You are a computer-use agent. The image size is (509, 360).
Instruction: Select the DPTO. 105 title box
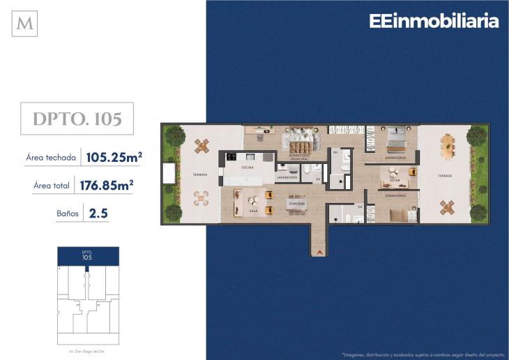coord(77,119)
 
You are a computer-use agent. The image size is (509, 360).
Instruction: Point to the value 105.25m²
coord(114,157)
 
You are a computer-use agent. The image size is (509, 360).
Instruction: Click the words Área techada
coord(50,158)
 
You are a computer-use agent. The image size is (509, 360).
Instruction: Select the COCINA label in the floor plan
coord(248,167)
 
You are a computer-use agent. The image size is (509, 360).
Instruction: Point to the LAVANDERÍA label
coord(287,177)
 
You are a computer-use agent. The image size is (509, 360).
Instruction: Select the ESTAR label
coord(395,179)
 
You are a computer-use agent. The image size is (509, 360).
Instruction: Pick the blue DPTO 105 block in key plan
coord(87,255)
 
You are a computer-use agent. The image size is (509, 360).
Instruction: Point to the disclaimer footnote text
coord(422,353)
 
